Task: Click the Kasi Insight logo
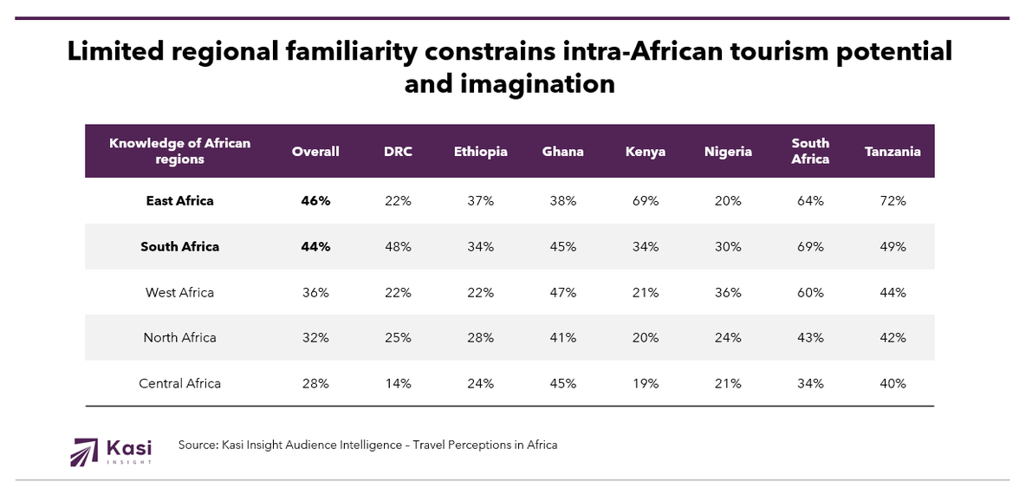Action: tap(111, 452)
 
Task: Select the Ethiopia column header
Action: tap(480, 152)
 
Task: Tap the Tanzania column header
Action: tap(892, 152)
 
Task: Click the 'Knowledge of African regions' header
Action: tap(179, 152)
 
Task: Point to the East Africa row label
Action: tap(179, 201)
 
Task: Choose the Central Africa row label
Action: tap(179, 383)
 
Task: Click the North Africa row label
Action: tap(179, 338)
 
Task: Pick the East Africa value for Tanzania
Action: tap(892, 201)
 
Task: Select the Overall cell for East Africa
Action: tap(315, 201)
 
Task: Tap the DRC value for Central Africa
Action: tap(398, 383)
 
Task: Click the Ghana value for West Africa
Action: tap(562, 293)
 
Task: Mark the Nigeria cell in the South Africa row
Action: tap(728, 247)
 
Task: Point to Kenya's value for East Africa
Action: tap(646, 201)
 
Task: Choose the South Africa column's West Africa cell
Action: tap(810, 293)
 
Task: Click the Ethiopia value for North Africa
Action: tap(480, 338)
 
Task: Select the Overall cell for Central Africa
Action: tap(315, 383)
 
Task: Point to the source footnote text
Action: tap(367, 446)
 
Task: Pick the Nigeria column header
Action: tap(728, 152)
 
